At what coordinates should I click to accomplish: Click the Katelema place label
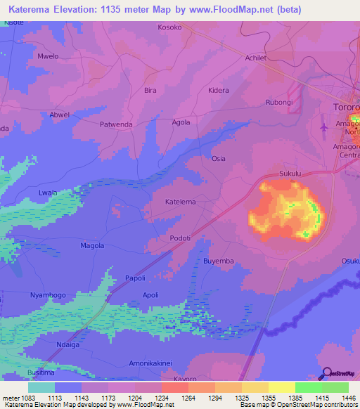(x=180, y=202)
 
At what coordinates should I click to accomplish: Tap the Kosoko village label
(x=169, y=28)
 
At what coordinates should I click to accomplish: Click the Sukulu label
(x=290, y=172)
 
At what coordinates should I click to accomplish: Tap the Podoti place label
(x=181, y=238)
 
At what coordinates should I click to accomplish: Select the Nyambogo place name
(x=48, y=295)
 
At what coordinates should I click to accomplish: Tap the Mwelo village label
(x=48, y=56)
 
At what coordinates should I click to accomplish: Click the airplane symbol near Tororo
(x=323, y=127)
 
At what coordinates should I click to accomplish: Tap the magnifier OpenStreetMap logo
(x=325, y=373)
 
